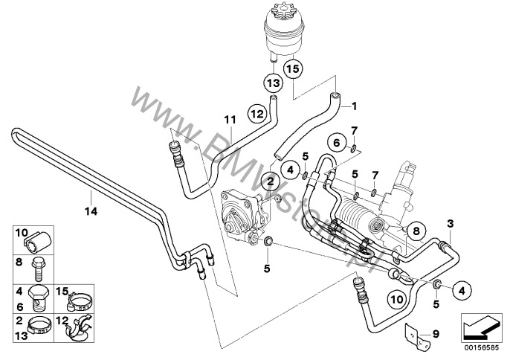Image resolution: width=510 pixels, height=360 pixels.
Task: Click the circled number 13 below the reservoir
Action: coord(272,81)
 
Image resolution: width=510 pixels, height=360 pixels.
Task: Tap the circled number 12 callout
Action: coord(256,115)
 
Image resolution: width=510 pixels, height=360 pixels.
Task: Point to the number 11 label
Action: coord(230,118)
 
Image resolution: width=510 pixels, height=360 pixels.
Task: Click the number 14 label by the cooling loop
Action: coord(88,198)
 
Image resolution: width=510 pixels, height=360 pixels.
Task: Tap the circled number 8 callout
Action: coord(416,231)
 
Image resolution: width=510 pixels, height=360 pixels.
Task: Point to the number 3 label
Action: coord(449,223)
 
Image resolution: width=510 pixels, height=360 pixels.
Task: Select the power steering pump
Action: coord(242,216)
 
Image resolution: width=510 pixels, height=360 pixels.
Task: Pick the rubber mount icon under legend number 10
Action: coord(39,242)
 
